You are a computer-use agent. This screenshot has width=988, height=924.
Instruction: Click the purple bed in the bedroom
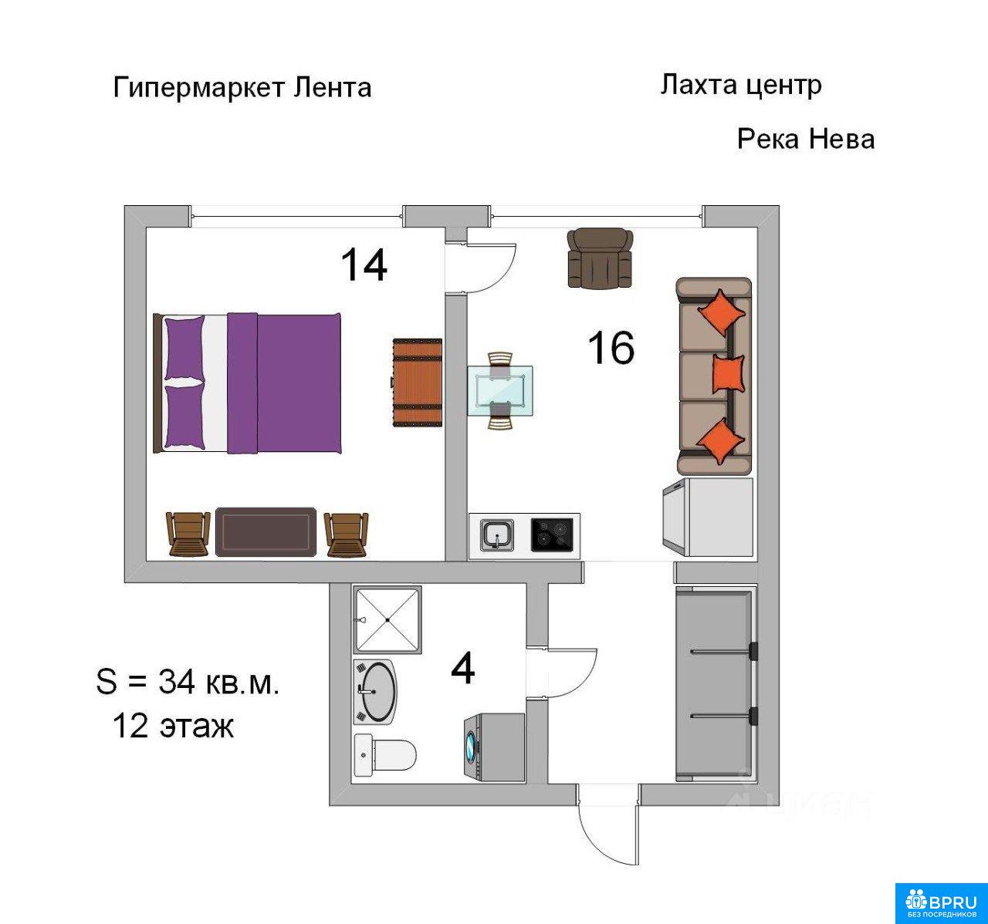(x=247, y=383)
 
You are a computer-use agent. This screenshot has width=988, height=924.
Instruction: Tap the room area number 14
(x=364, y=265)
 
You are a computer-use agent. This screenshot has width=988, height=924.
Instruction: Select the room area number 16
(x=611, y=347)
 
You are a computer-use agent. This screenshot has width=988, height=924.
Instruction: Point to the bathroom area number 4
(x=463, y=669)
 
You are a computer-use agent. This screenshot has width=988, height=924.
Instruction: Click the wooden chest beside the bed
(x=418, y=382)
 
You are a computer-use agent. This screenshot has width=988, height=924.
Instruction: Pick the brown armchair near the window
(x=600, y=258)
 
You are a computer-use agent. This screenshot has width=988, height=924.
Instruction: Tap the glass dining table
(x=500, y=390)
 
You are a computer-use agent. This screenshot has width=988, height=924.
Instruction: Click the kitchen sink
(x=497, y=535)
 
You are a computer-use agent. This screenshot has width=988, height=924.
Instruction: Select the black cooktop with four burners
(x=552, y=535)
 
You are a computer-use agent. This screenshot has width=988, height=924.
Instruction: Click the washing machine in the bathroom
(x=495, y=747)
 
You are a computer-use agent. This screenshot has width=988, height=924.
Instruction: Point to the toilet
(x=385, y=755)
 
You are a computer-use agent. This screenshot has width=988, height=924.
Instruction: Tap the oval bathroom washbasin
(x=376, y=693)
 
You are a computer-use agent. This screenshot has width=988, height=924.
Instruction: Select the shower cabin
(x=387, y=619)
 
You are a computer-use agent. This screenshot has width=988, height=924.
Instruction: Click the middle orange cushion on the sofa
(x=729, y=373)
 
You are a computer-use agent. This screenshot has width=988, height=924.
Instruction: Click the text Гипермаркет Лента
(x=242, y=88)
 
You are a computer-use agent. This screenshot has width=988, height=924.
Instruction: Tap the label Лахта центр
(x=741, y=86)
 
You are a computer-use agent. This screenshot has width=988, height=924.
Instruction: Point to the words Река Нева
(x=805, y=139)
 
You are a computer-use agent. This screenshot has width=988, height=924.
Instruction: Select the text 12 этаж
(x=173, y=726)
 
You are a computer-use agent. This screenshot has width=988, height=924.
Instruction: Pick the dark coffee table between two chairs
(x=266, y=531)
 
